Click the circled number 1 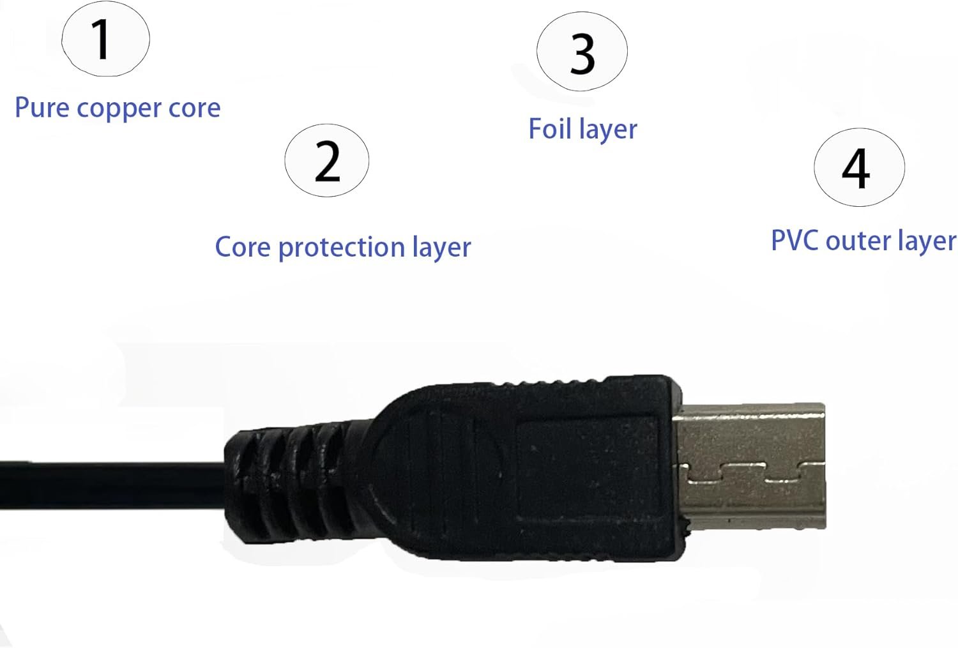click(x=105, y=38)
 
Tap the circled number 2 click(x=327, y=160)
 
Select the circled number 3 click(x=582, y=51)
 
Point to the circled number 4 click(x=859, y=167)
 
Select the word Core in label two click(x=243, y=246)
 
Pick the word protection click(x=341, y=248)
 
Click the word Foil click(x=549, y=128)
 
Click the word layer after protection click(x=441, y=248)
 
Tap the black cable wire click(x=112, y=485)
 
